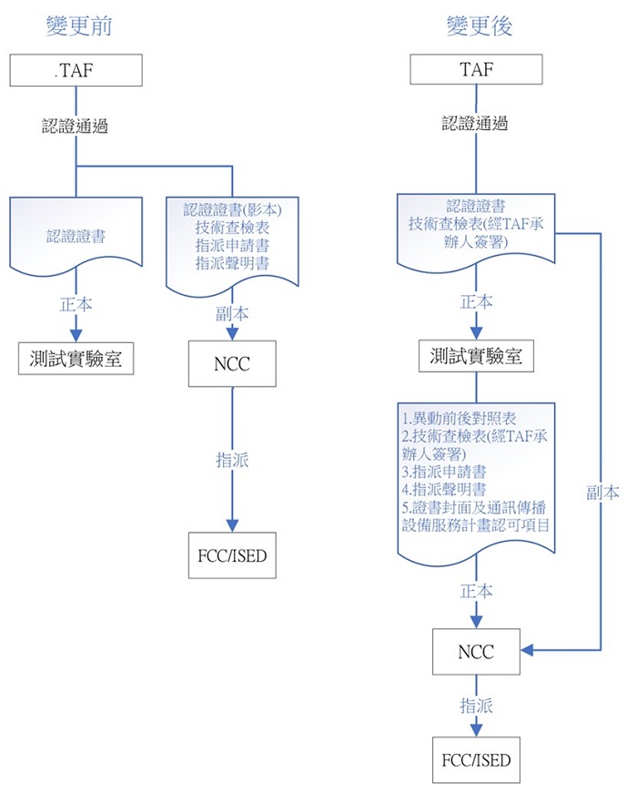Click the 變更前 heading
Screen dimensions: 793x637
pyautogui.click(x=79, y=25)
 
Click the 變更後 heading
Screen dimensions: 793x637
pyautogui.click(x=480, y=25)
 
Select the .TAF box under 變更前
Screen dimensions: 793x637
pyautogui.click(x=77, y=70)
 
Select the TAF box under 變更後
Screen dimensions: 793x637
pyautogui.click(x=477, y=70)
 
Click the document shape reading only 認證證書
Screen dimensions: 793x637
pyautogui.click(x=76, y=236)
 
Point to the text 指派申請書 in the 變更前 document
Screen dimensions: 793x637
pyautogui.click(x=232, y=246)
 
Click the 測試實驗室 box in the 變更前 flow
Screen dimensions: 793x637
pyautogui.click(x=76, y=358)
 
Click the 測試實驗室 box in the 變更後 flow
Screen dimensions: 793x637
pyautogui.click(x=476, y=357)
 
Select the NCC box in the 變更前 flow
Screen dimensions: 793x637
pyautogui.click(x=232, y=363)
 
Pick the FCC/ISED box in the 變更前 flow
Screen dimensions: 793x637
pyautogui.click(x=231, y=554)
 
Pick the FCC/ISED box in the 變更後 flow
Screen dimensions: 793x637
pyautogui.click(x=476, y=759)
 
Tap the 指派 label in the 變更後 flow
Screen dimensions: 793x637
pyautogui.click(x=477, y=705)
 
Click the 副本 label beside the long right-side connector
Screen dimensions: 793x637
pyautogui.click(x=602, y=493)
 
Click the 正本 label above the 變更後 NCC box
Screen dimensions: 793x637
pyautogui.click(x=477, y=591)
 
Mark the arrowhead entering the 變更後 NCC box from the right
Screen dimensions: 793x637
pyautogui.click(x=528, y=650)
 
